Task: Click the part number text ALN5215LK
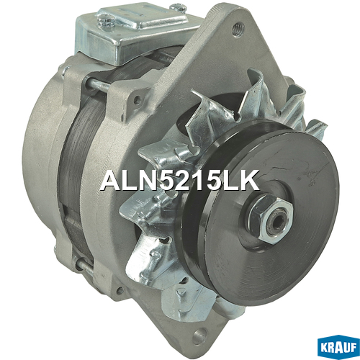[x=180, y=180]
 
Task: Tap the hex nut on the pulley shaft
[x=271, y=217]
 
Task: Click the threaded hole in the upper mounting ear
[x=238, y=29]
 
